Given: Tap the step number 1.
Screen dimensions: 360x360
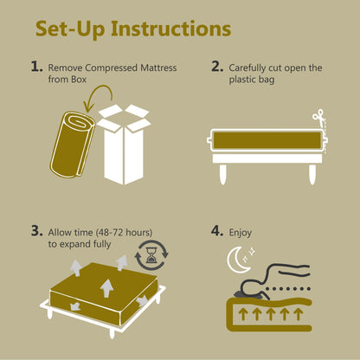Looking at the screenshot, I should (x=35, y=66).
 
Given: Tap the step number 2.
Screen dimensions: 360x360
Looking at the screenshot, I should (x=217, y=66).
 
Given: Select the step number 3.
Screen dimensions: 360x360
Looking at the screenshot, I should (x=35, y=231).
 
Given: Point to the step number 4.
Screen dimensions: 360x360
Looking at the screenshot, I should (x=217, y=231).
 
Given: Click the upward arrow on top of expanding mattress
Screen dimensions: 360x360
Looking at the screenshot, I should (x=107, y=285).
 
